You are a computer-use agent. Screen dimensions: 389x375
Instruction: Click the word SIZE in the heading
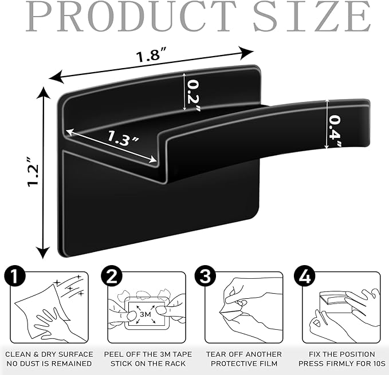coord(312,17)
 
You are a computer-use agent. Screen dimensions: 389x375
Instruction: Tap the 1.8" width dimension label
coord(152,55)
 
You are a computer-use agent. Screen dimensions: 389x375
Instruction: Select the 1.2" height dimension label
coord(33,172)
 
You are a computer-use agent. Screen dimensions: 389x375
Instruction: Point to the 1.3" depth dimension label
coord(122,138)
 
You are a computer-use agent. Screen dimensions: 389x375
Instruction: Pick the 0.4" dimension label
coord(335,131)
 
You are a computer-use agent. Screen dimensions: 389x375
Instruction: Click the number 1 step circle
coord(15,275)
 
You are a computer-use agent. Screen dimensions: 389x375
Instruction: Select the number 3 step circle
coord(206,275)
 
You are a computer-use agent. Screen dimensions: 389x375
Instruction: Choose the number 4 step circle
coord(304,275)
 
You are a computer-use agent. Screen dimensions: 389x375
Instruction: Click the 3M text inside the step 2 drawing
coord(146,314)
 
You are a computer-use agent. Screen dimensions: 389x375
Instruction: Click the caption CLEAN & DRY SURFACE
coord(49,354)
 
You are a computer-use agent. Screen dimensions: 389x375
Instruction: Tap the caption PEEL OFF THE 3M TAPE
coord(148,354)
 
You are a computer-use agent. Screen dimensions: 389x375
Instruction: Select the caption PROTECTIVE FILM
coord(244,364)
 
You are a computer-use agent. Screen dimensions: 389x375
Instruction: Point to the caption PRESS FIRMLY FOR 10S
coord(342,364)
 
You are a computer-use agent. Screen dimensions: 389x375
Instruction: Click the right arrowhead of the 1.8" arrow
coord(246,53)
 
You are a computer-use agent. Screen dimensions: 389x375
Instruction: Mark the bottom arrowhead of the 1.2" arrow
coord(43,253)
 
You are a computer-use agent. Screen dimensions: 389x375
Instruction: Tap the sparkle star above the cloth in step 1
coord(57,282)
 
